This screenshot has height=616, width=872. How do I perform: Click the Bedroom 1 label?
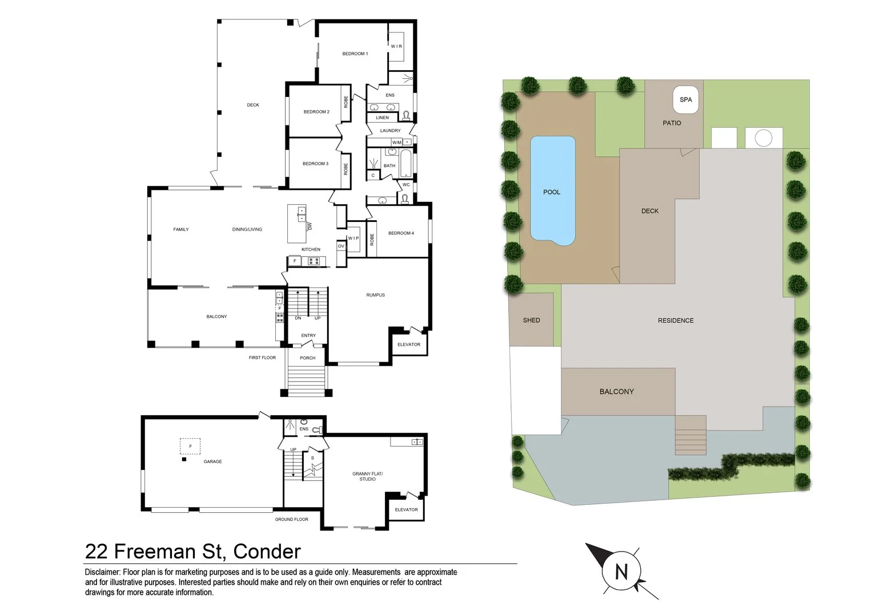click(355, 54)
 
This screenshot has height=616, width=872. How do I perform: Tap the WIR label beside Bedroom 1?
click(396, 46)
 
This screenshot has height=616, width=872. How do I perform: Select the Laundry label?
click(390, 131)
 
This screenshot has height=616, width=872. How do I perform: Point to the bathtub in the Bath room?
click(405, 164)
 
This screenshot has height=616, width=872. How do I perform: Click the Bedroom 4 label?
click(401, 233)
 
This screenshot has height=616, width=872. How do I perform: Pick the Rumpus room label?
click(375, 295)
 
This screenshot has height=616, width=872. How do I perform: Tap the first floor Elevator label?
click(408, 345)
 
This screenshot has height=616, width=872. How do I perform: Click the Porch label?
click(307, 358)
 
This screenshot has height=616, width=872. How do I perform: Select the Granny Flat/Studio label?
click(367, 476)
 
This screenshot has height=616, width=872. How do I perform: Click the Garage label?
click(212, 461)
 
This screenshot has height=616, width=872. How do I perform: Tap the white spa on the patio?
click(685, 100)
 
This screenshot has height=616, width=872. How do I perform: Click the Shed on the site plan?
click(531, 320)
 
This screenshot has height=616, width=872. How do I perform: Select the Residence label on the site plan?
click(676, 321)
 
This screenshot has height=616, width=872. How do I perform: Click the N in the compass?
click(621, 571)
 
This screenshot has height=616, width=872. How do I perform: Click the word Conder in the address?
click(267, 552)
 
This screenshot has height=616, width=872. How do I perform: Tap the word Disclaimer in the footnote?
click(102, 572)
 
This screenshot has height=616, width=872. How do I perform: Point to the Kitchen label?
click(311, 249)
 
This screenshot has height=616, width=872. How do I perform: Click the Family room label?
click(180, 229)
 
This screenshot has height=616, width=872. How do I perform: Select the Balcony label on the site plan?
click(616, 391)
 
